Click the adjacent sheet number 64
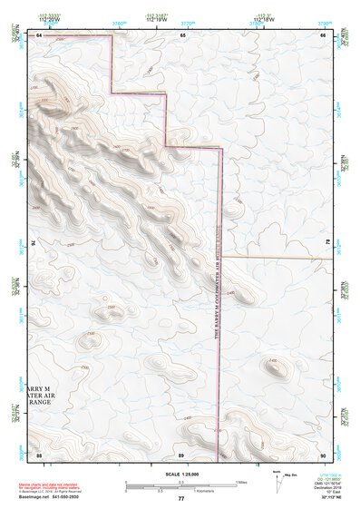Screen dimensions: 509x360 tap(40, 34)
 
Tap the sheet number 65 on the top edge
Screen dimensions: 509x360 tap(182, 34)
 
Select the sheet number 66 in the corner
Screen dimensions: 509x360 tap(322, 34)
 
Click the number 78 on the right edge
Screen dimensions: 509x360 tap(325, 243)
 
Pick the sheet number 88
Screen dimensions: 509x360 tap(40, 454)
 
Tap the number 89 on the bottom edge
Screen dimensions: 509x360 tap(181, 454)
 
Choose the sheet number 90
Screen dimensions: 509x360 tap(322, 454)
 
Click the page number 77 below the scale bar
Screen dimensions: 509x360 tap(180, 499)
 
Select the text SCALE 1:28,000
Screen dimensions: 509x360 tap(180, 475)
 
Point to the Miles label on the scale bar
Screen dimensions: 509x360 tap(241, 481)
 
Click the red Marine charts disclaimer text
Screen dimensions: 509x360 tap(54, 486)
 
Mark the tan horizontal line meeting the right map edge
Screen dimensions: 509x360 tap(277, 258)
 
